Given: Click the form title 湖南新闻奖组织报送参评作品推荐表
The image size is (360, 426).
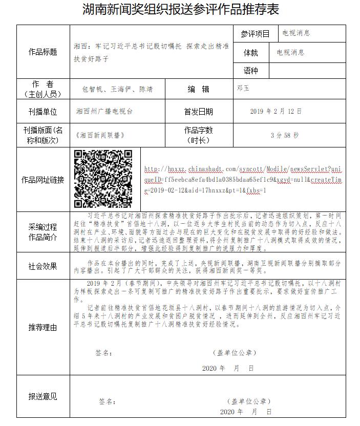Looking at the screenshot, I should pos(181,10).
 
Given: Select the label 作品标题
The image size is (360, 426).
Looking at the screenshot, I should pos(43,52).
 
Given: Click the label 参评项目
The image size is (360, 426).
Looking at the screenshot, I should pos(255,34).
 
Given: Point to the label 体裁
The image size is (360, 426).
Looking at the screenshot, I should pos(251,52).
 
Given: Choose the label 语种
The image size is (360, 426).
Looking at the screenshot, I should pos(251,71).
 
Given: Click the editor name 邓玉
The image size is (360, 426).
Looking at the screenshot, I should pos(243,89).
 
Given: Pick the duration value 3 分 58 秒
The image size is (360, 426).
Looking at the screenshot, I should pos(284,136).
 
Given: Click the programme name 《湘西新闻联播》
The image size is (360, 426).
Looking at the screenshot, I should pos(100,136).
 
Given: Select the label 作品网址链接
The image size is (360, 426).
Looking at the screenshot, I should pos(43,180).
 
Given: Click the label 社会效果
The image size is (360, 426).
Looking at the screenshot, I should pos(43,266).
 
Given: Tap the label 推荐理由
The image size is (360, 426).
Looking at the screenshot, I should pos(43,327).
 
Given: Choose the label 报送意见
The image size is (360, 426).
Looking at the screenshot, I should pos(43,396).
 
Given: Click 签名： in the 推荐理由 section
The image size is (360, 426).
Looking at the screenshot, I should pos(104,353).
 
